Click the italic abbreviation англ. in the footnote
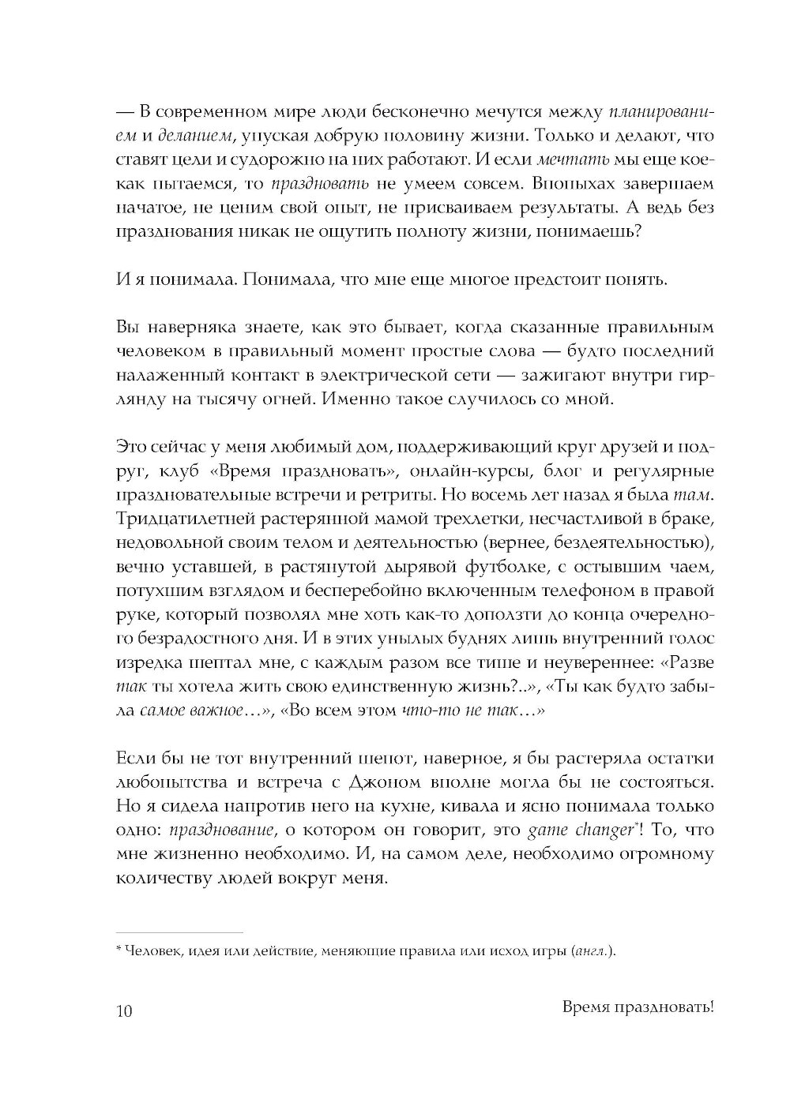tap(591, 952)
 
